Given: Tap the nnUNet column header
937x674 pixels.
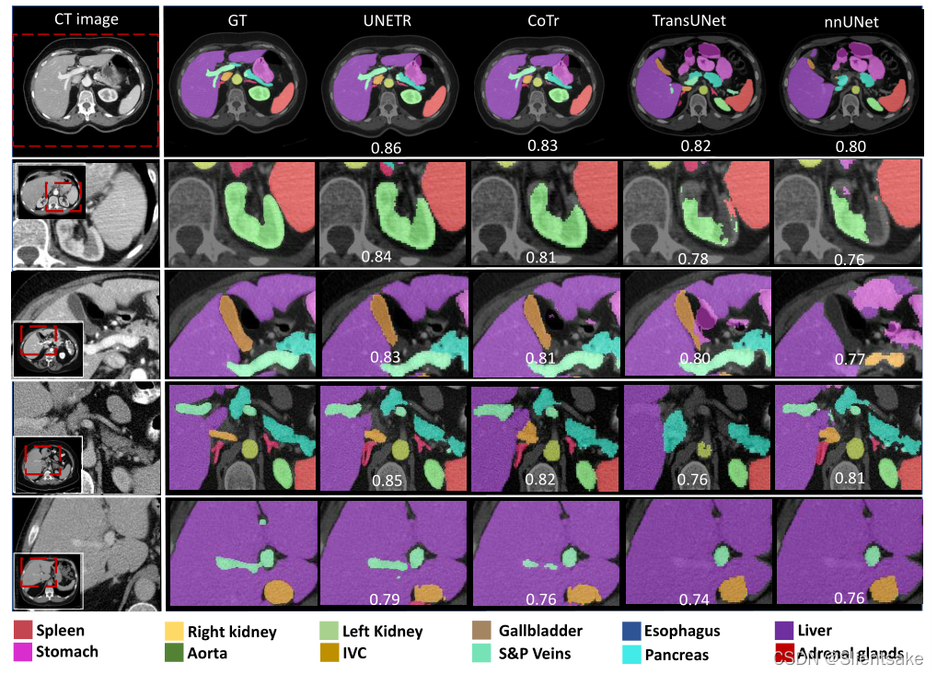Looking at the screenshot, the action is click(851, 21).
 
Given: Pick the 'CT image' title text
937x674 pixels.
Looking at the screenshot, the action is click(87, 18).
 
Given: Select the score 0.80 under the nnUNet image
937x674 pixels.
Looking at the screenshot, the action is click(850, 146).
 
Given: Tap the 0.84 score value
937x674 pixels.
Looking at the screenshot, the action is click(377, 257).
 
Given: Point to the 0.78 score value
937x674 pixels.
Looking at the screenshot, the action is click(694, 259).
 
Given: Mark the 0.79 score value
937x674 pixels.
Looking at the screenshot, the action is click(385, 599).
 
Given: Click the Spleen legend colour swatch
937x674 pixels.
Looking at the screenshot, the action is click(23, 631).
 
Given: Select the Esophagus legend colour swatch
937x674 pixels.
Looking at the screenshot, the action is click(630, 631).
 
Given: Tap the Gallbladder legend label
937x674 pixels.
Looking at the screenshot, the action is click(540, 631).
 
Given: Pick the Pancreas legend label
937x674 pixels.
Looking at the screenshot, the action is click(677, 655).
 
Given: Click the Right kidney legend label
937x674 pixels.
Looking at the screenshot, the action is click(232, 632).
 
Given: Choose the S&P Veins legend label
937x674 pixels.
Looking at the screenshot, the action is click(535, 654).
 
